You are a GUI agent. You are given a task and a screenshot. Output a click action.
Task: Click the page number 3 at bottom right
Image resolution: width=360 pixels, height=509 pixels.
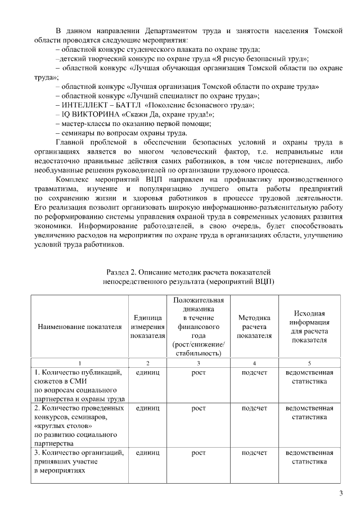tap(340, 494)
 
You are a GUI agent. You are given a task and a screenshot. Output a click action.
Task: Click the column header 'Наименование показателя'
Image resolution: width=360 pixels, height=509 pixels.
tap(79, 326)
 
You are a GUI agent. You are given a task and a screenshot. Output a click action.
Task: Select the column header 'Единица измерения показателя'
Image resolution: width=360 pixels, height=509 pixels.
tap(147, 326)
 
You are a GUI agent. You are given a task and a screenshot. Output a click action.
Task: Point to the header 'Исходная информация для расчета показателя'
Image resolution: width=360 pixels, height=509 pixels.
tap(309, 326)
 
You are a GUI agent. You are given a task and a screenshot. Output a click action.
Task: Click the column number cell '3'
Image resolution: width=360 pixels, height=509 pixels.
tap(199, 363)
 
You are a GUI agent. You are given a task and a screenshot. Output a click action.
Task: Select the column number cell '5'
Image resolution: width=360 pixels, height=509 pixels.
tap(309, 363)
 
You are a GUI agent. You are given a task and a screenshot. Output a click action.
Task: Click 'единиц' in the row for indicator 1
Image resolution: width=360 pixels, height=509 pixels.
tap(147, 372)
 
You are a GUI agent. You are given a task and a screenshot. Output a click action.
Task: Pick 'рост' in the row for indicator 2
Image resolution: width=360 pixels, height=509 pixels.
tap(199, 408)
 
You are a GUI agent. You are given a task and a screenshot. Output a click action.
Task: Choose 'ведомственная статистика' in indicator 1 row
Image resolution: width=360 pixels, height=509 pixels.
tap(309, 377)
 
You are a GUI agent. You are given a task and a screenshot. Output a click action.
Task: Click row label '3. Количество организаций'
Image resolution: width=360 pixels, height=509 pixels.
tap(79, 452)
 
